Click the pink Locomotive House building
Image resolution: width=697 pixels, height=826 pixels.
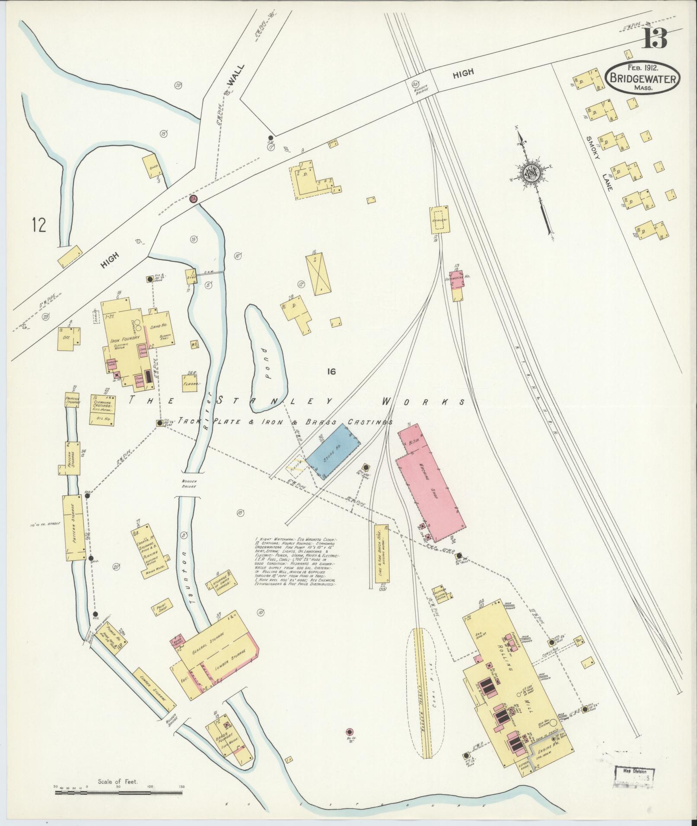tap(459, 281)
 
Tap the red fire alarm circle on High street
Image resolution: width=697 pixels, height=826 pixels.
tap(194, 199)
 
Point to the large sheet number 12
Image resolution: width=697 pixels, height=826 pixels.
tap(38, 225)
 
